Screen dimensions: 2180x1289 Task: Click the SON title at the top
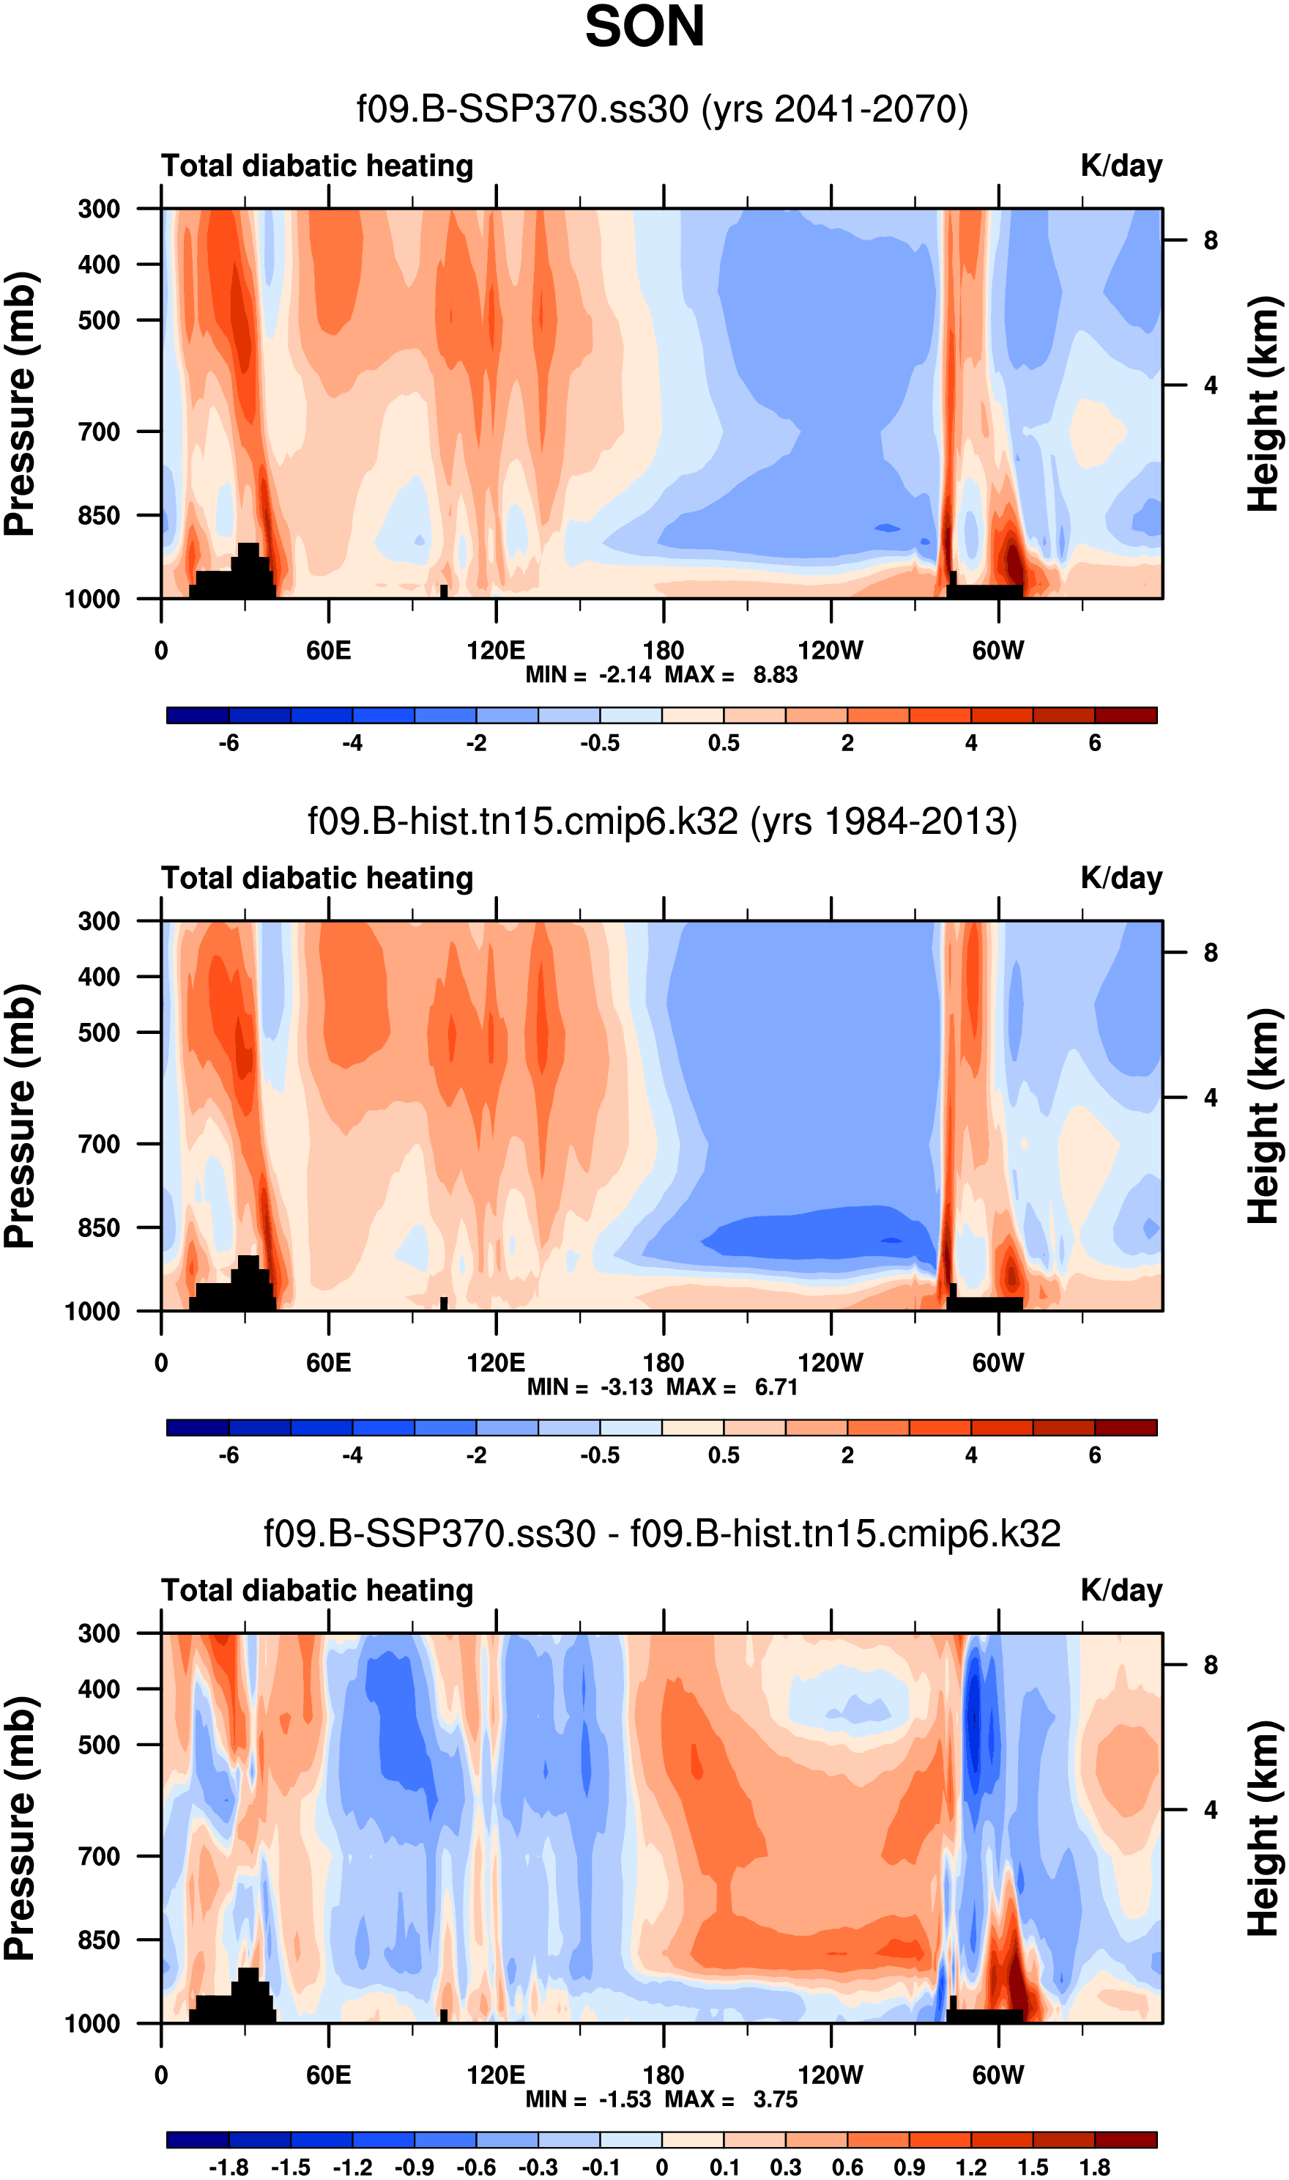644,28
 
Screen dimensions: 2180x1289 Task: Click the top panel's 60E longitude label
328,650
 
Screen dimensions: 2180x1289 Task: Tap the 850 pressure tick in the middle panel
98,1227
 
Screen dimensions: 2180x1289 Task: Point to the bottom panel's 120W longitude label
831,2075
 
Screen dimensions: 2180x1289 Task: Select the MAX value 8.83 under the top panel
775,675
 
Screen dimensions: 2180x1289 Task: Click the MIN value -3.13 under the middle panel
626,1388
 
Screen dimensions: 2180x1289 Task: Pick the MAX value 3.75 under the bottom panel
775,2099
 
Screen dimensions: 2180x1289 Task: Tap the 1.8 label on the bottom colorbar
1094,2167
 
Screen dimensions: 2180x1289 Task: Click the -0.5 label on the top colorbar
601,743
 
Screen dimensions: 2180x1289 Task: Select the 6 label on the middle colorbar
1094,1455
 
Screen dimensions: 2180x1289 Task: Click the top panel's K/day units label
1121,166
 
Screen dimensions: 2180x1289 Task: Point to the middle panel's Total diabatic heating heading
317,879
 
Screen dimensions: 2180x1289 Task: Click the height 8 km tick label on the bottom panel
1210,1666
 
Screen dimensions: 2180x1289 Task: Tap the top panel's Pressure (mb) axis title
19,404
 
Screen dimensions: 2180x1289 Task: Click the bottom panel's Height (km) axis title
1265,1828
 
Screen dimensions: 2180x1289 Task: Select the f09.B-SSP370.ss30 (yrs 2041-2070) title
662,109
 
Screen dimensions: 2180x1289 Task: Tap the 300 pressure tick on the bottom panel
98,1633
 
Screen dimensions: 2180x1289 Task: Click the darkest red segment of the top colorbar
1126,715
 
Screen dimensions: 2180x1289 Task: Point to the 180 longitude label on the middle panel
663,1362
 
